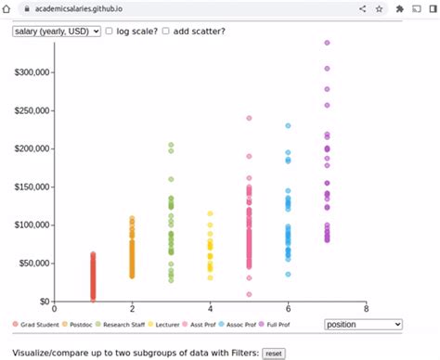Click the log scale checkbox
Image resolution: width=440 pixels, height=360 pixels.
pos(110,32)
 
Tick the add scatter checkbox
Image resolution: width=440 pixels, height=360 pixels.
pos(166,32)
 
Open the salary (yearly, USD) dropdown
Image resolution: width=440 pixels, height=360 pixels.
pos(57,32)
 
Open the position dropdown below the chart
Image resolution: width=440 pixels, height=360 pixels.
pos(363,324)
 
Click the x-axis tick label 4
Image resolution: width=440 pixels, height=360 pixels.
pos(211,309)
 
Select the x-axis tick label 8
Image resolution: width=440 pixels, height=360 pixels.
pos(367,309)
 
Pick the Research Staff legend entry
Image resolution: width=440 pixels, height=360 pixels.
pos(124,325)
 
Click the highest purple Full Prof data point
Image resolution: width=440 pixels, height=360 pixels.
pos(327,43)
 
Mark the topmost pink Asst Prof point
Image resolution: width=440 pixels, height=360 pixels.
pos(249,118)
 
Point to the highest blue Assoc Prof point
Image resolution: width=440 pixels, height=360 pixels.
pos(288,125)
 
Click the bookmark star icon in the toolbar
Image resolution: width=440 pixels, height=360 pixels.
pos(379,7)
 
